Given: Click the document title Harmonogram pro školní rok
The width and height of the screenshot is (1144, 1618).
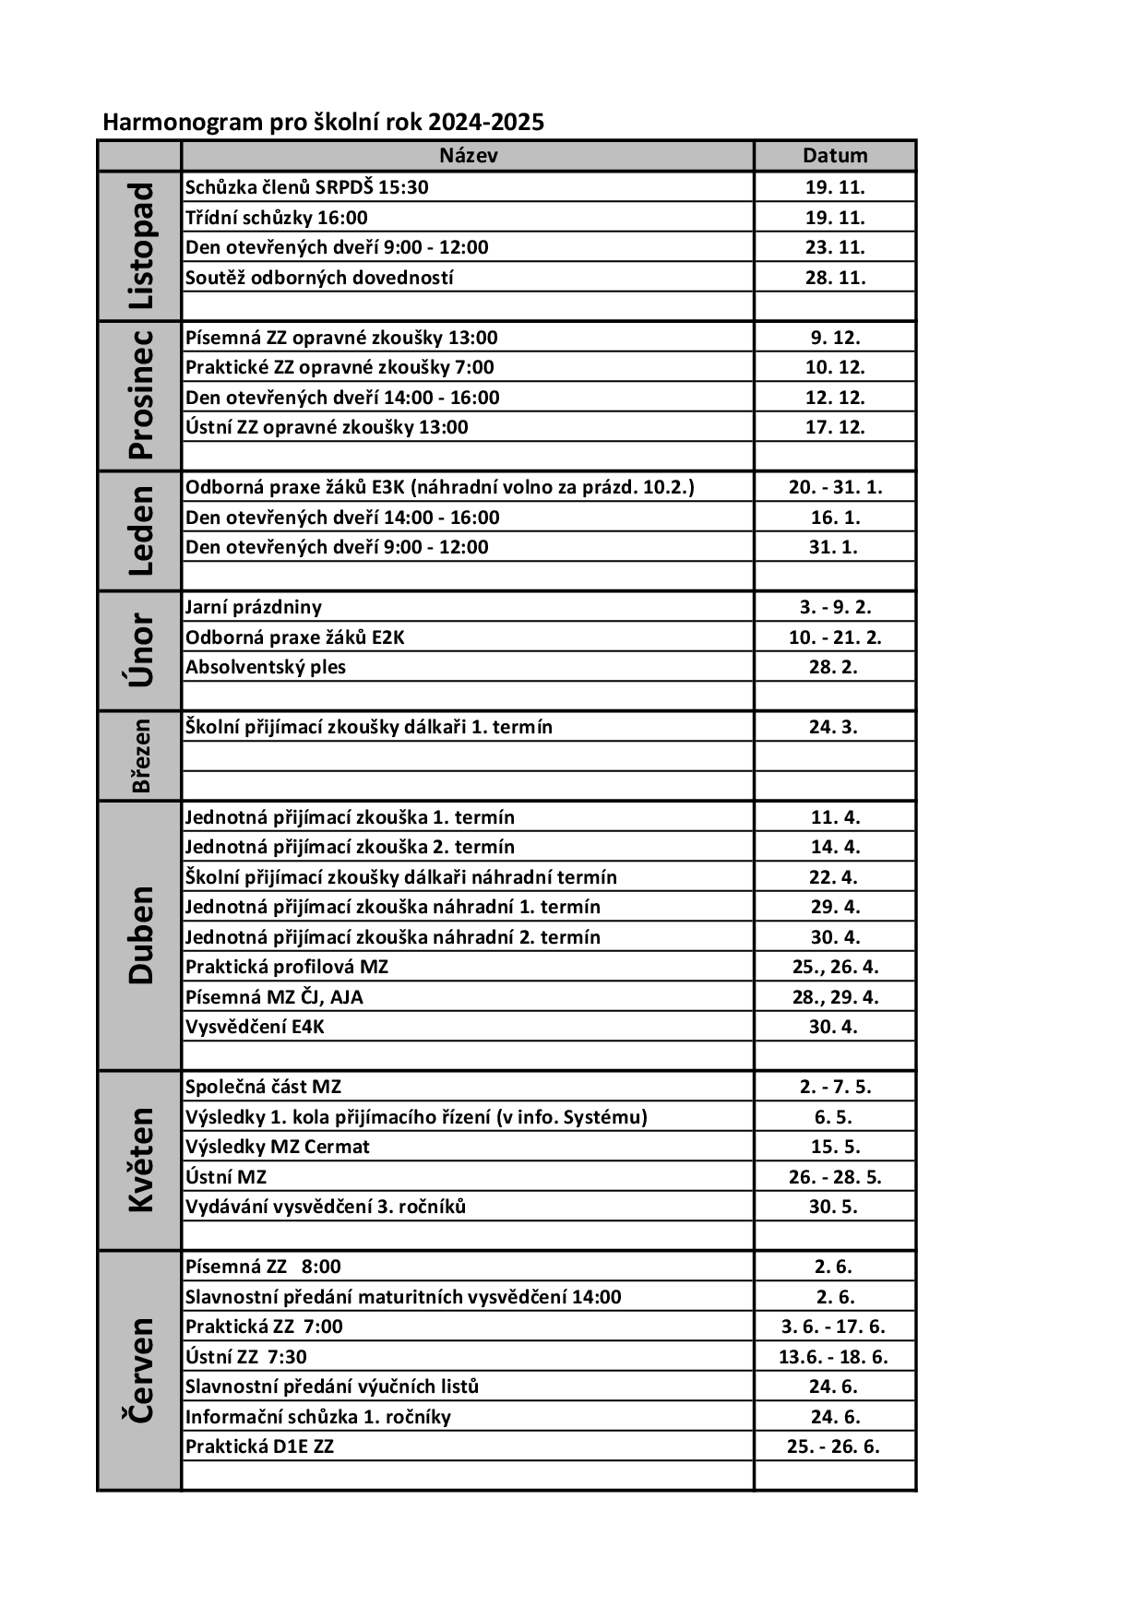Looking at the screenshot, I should pos(323,122).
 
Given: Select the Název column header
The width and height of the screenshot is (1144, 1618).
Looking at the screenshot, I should pos(468,156).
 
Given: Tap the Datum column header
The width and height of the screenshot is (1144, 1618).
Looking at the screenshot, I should pos(835,156).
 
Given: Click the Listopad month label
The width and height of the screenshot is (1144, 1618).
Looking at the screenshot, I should pos(140,246).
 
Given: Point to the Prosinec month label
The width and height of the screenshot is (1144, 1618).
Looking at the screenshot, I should pos(140,396).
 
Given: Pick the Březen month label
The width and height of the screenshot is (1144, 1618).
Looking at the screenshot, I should pos(140,755).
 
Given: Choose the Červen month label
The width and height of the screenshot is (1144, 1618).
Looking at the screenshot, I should pos(140,1370).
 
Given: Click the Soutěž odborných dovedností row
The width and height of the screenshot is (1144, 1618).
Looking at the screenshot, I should pos(319,278).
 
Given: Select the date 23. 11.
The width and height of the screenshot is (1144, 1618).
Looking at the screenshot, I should pos(835,247).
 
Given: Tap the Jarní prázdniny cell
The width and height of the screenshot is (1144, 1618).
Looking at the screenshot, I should pos(254,607).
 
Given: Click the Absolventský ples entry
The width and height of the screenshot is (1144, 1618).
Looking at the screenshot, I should pos(266,667).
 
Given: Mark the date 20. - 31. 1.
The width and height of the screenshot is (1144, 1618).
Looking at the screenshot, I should pos(835,487).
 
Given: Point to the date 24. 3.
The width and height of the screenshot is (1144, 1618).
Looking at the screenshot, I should pos(834,727).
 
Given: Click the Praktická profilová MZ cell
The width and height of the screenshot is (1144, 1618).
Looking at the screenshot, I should pos(287,967).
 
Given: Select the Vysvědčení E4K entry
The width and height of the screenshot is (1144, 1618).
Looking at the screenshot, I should pos(255,1027).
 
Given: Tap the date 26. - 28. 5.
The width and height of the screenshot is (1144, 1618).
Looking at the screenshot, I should pos(835,1177).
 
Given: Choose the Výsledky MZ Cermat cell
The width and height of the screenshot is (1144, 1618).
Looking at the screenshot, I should pos(278,1147).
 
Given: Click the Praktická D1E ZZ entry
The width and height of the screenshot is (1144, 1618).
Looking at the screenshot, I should pos(259,1446).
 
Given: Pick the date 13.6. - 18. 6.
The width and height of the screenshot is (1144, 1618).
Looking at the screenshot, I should pos(834,1357).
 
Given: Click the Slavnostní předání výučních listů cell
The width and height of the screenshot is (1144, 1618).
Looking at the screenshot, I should pos(332,1386).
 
